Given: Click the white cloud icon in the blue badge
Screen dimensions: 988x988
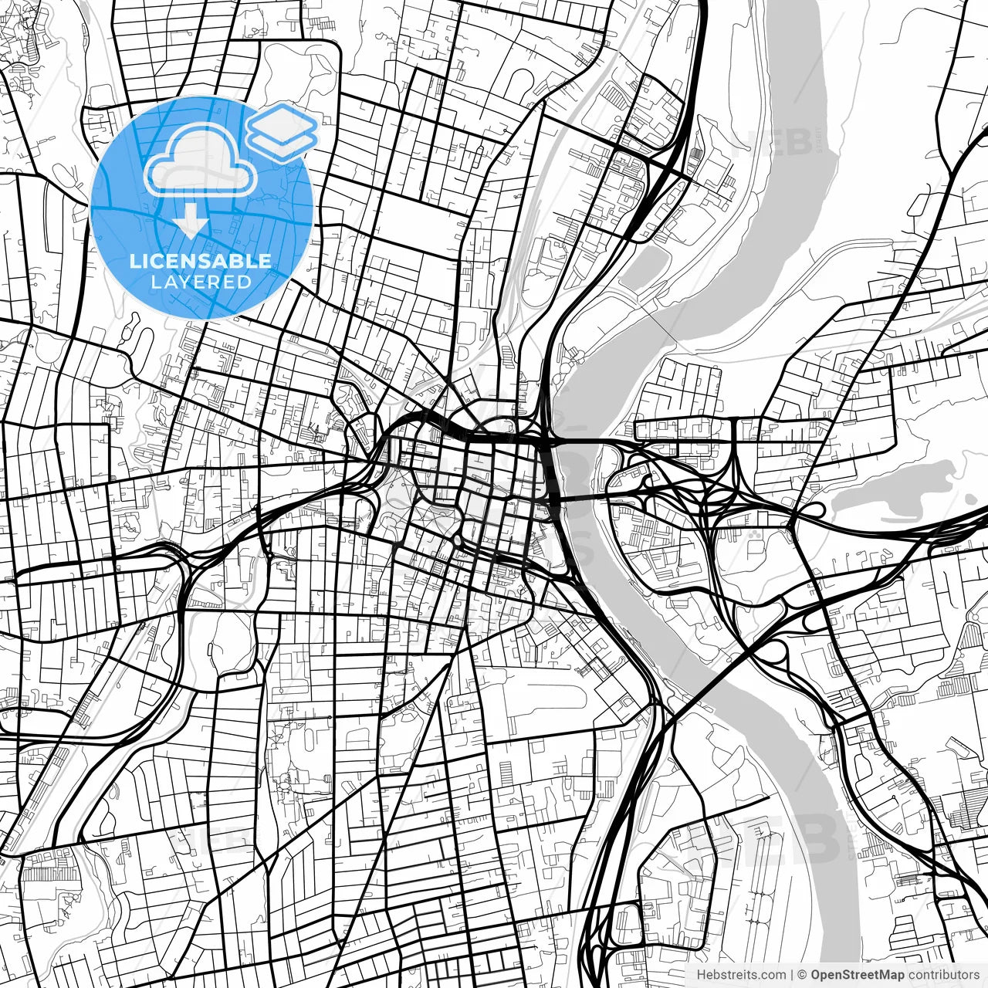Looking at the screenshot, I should tap(201, 161).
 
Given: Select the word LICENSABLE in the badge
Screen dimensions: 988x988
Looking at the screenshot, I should tap(201, 261).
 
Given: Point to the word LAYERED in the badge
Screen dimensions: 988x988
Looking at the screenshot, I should tap(201, 282).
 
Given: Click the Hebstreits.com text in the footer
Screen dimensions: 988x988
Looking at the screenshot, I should tap(741, 975).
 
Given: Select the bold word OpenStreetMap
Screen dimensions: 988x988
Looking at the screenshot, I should tap(858, 975).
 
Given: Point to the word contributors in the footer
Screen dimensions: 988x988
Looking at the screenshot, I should tap(942, 975).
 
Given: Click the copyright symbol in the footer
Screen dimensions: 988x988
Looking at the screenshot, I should tap(802, 975).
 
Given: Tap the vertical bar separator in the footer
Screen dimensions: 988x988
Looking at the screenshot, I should tap(792, 975).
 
